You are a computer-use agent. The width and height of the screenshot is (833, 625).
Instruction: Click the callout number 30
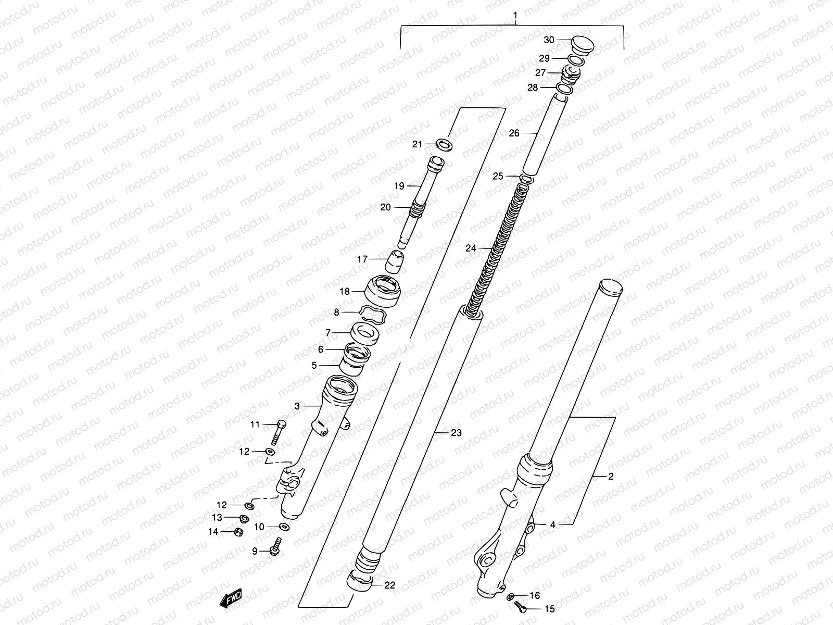549,40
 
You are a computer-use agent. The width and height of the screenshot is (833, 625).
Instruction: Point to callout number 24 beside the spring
471,248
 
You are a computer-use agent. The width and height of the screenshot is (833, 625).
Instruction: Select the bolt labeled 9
274,548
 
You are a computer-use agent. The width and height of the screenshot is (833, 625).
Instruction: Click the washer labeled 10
283,527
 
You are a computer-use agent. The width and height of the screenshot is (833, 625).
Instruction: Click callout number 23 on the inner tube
456,432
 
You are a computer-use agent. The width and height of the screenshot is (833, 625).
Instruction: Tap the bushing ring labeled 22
361,580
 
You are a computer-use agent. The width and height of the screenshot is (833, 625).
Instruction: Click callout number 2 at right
611,476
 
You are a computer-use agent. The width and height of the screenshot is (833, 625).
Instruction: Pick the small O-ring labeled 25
526,179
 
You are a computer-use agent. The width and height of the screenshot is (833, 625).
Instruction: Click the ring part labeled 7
365,333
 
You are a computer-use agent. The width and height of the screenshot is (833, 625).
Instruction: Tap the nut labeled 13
243,518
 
